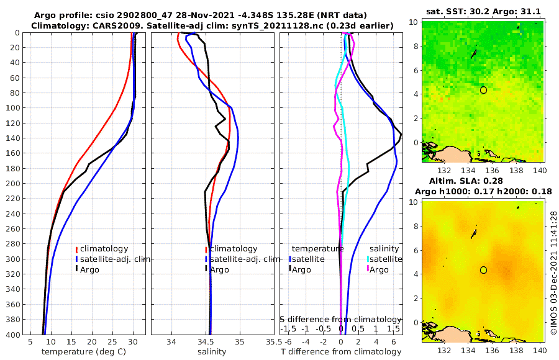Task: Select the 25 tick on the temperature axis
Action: pyautogui.click(x=112, y=342)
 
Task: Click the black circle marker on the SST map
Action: pyautogui.click(x=483, y=90)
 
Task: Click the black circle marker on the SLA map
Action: pyautogui.click(x=483, y=270)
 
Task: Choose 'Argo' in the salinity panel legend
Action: pyautogui.click(x=220, y=269)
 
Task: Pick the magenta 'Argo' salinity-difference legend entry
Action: pyautogui.click(x=379, y=269)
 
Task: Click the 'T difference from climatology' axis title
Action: pyautogui.click(x=341, y=352)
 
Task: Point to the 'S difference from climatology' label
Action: pyautogui.click(x=341, y=318)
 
